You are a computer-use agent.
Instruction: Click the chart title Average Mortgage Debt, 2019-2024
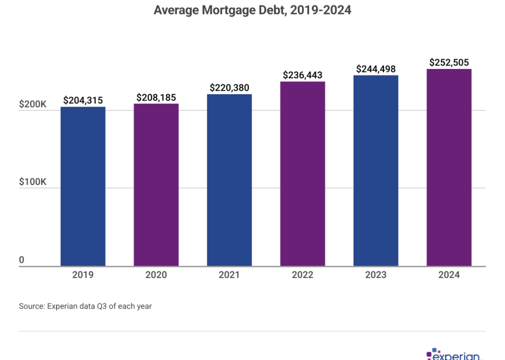click(252, 10)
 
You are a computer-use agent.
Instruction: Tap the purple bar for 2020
click(156, 185)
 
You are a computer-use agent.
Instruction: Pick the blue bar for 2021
click(229, 180)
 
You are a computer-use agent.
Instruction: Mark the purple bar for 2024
click(449, 168)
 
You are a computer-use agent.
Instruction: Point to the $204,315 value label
click(83, 100)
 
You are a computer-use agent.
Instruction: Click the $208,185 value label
click(156, 97)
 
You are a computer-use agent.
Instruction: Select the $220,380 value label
click(229, 88)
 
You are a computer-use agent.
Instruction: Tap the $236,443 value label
click(302, 75)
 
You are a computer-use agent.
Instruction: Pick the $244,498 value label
click(376, 69)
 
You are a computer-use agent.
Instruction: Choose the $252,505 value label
click(449, 63)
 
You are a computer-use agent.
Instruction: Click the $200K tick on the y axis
click(33, 104)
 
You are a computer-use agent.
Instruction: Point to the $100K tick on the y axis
click(33, 182)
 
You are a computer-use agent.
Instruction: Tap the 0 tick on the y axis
click(22, 260)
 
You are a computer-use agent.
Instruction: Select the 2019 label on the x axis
click(83, 275)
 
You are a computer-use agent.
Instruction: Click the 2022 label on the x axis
click(302, 275)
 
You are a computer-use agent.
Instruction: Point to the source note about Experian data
click(86, 306)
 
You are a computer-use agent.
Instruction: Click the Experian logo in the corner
click(453, 355)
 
